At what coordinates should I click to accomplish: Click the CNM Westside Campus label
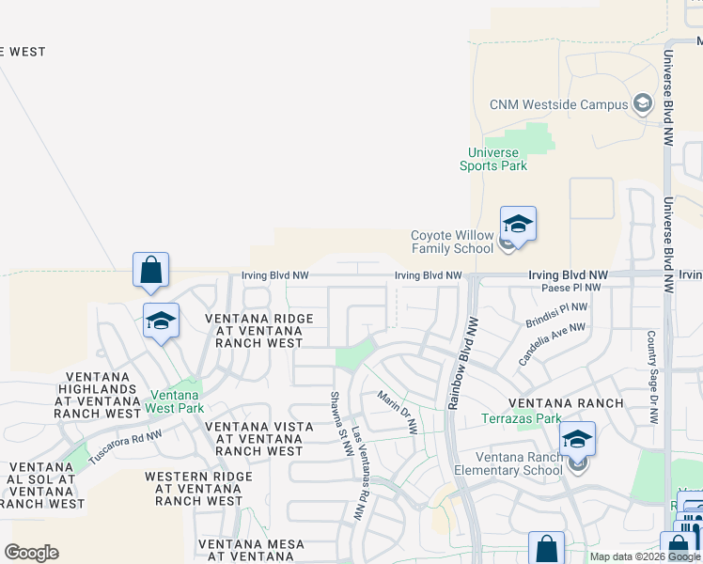click(558, 104)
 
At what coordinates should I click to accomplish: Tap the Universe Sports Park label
click(493, 159)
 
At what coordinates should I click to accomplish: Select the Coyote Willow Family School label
click(452, 243)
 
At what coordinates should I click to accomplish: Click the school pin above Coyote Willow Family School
click(518, 225)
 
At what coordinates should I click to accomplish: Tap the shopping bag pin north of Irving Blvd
click(150, 271)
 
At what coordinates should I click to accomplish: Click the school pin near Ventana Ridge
click(161, 321)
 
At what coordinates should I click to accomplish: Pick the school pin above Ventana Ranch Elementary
click(577, 439)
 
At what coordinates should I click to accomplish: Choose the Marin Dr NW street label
click(398, 413)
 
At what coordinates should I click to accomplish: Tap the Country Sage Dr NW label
click(651, 376)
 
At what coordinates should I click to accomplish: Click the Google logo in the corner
click(31, 553)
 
